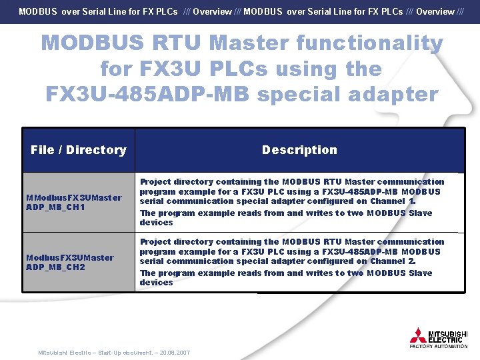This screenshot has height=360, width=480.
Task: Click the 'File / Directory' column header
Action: pyautogui.click(x=78, y=150)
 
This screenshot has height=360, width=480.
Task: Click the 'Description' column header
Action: pyautogui.click(x=299, y=150)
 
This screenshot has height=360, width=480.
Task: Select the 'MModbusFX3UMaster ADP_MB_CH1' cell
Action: pyautogui.click(x=74, y=202)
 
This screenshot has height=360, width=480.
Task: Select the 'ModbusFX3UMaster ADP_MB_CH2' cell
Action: pyautogui.click(x=69, y=262)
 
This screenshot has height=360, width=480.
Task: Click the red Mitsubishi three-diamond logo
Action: pyautogui.click(x=418, y=335)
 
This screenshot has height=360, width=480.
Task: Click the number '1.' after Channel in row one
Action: pyautogui.click(x=412, y=201)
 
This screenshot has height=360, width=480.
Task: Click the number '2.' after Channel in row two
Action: pyautogui.click(x=412, y=261)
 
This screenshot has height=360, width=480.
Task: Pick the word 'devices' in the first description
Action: pyautogui.click(x=156, y=223)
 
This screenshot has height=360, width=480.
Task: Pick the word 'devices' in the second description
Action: pyautogui.click(x=156, y=283)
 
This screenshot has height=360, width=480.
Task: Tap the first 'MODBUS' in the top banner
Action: pyautogui.click(x=38, y=11)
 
